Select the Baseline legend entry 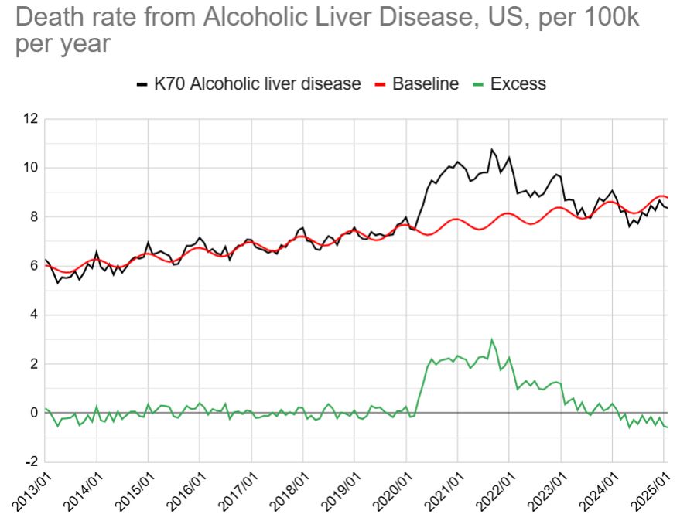425,83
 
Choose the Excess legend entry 518,83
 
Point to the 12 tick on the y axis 30,119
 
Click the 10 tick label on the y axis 30,168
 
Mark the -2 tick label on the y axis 30,461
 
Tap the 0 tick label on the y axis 33,413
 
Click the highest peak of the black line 491,149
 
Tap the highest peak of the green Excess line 491,339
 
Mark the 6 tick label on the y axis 33,266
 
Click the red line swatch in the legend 381,83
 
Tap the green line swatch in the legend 479,83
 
